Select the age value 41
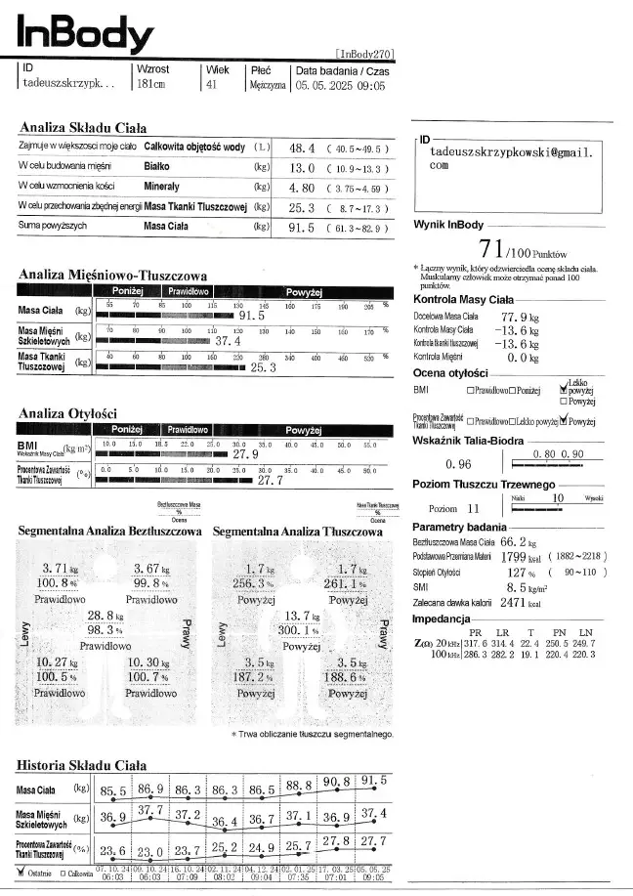[x=211, y=85]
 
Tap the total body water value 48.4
[x=302, y=149]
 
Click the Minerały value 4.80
[x=302, y=187]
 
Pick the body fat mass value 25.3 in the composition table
[x=302, y=207]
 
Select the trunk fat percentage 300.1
[x=301, y=632]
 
